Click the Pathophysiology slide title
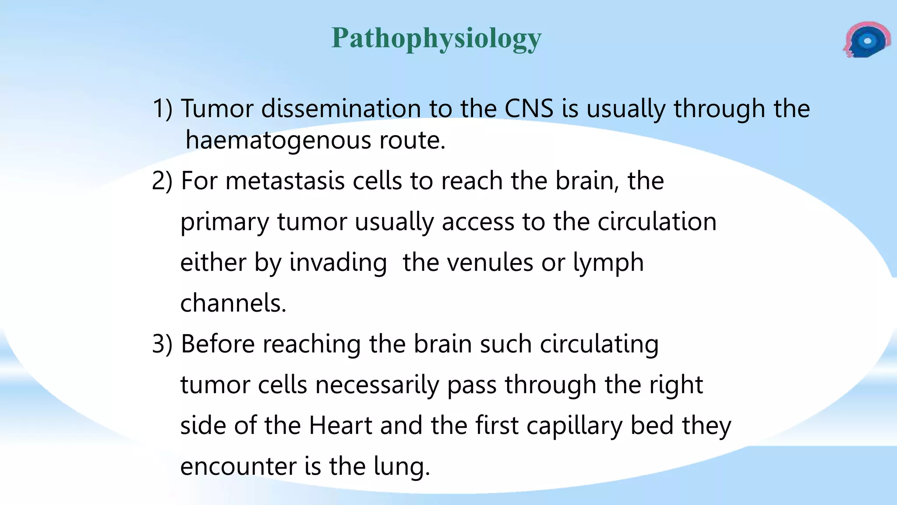coord(436,39)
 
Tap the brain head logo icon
coord(867,40)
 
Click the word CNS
coord(529,108)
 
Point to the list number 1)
coord(162,108)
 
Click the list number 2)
coord(162,181)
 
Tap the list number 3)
coord(162,344)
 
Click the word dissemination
coord(341,108)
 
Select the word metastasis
coord(285,181)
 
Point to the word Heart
coord(340,425)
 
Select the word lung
coord(402,466)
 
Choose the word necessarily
coord(377,385)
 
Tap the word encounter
coord(238,466)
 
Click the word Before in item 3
coord(218,344)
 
